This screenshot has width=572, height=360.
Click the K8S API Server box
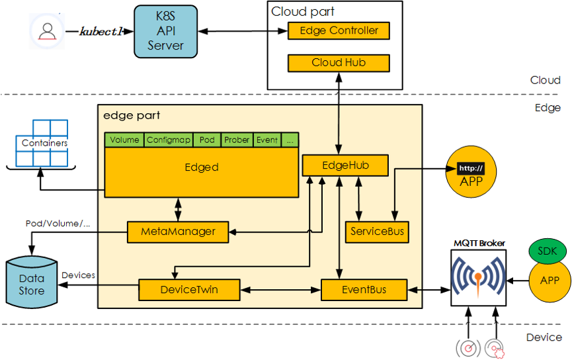coord(165,31)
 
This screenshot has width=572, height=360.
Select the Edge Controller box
coord(339,30)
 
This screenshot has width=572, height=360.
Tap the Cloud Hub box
coord(339,63)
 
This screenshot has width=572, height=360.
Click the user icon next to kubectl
coord(47,31)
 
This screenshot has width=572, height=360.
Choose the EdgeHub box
coord(345,165)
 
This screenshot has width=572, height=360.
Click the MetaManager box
coord(178,232)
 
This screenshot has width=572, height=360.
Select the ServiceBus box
coord(376,232)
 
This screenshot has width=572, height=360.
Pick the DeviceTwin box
coord(189,289)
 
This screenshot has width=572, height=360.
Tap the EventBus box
coord(363,289)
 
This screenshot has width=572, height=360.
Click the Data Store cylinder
coord(32,284)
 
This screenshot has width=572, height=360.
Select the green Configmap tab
coord(169,140)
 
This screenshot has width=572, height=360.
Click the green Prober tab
coord(236,140)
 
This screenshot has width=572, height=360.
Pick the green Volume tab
coord(124,140)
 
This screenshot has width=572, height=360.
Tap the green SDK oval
coord(546,252)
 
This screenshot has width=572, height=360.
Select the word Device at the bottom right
coord(544,337)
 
